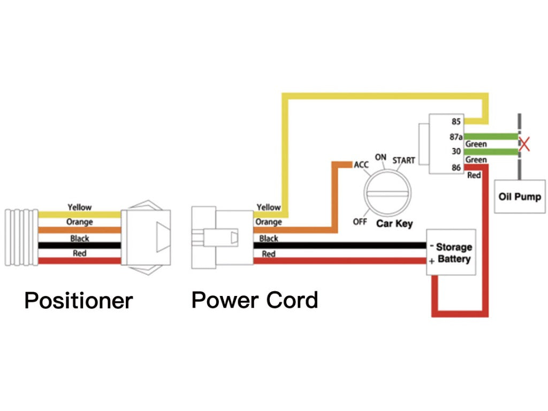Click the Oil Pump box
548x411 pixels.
(520, 196)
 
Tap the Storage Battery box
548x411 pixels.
(451, 253)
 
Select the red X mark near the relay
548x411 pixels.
(525, 144)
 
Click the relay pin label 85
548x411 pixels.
(456, 121)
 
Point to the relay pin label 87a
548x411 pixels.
(456, 137)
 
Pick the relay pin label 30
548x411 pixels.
(456, 151)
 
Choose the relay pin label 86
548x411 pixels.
(456, 168)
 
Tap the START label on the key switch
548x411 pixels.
(404, 161)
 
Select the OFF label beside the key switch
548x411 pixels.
(360, 221)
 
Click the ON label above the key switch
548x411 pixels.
(380, 157)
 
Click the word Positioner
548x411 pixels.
(78, 301)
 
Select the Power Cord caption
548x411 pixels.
(255, 300)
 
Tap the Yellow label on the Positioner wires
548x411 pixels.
(79, 207)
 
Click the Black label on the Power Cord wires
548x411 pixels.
(269, 239)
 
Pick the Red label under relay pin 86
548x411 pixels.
(474, 175)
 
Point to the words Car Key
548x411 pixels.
(394, 223)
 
